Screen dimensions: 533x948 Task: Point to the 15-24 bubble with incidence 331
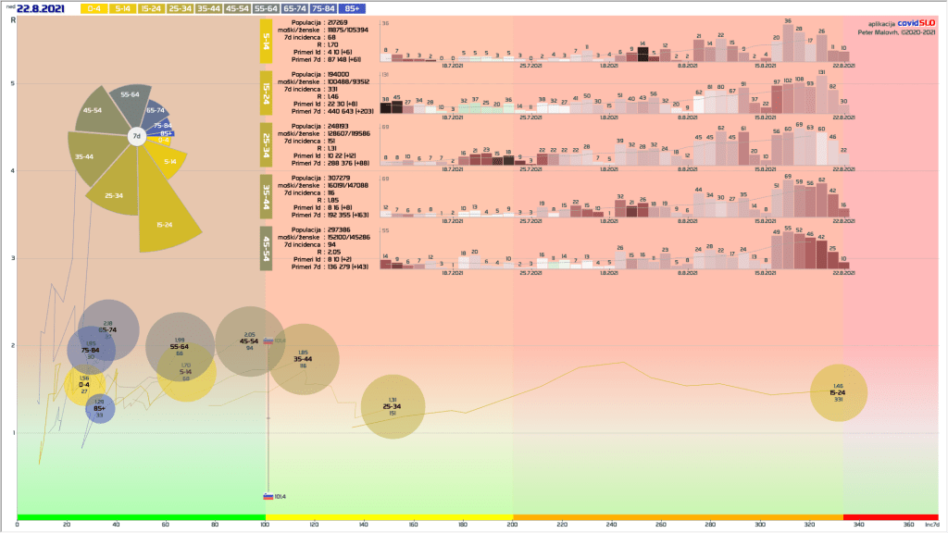838,392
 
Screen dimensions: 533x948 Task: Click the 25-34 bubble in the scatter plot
393,406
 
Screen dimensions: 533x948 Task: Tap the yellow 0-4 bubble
84,384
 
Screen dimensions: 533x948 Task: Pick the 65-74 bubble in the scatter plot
108,330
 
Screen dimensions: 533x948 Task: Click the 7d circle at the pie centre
136,137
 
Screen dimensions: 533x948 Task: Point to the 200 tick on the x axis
513,524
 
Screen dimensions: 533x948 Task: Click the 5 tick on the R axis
12,83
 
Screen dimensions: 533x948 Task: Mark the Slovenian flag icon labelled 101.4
268,495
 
